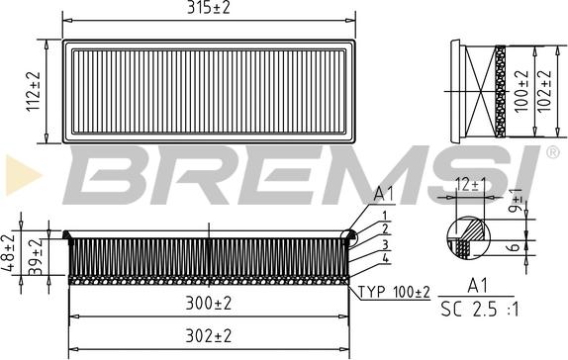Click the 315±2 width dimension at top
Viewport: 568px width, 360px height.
209,10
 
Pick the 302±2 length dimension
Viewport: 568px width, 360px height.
209,336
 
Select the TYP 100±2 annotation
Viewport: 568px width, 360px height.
393,293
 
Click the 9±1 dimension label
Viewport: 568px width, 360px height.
516,203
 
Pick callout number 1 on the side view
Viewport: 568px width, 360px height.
383,215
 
